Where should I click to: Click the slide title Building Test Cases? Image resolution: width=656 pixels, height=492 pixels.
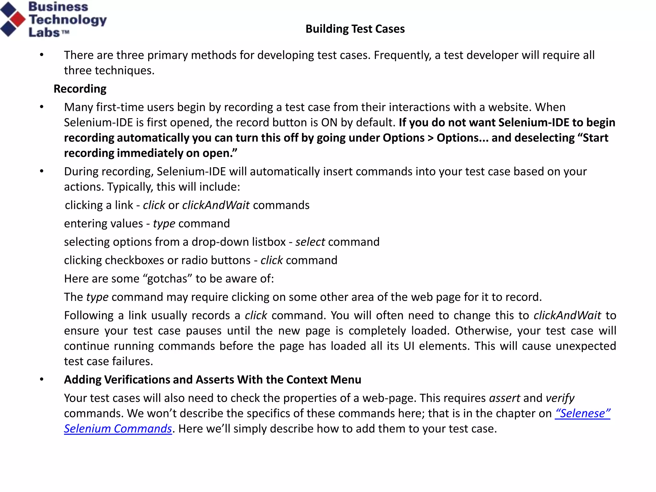(355, 29)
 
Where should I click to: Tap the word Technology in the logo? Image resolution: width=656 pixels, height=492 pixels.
(68, 20)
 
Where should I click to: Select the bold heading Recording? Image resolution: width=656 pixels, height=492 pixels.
(80, 89)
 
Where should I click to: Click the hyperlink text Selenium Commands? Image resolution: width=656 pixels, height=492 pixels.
(118, 429)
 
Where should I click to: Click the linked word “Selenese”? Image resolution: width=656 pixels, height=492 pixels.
(582, 413)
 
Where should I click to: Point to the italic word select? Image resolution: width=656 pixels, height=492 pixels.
(310, 242)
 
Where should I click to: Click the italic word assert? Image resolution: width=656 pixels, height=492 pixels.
(504, 398)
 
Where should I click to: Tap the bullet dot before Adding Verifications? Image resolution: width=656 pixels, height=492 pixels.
(42, 380)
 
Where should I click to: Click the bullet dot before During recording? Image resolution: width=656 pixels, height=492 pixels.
(42, 171)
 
